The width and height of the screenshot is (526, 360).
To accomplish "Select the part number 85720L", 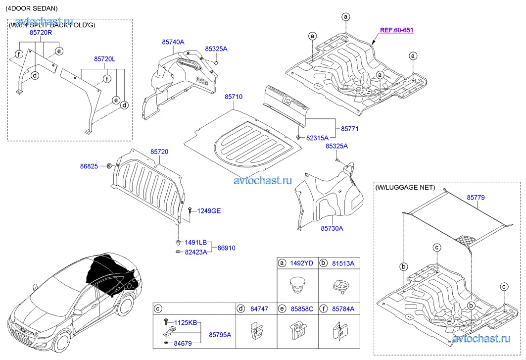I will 104,59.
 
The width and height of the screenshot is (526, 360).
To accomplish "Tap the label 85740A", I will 173,43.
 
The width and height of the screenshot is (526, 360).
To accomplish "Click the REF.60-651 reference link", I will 396,30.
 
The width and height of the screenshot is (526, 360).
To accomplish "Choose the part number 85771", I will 349,129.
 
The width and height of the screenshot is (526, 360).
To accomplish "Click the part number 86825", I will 90,167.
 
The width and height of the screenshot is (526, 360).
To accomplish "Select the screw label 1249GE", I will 209,211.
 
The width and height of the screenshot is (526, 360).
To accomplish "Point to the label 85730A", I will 332,228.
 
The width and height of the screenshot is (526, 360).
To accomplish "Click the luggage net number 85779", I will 476,198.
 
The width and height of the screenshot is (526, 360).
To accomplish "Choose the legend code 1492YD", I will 302,263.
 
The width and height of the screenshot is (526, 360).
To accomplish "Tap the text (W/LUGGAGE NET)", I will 405,188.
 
